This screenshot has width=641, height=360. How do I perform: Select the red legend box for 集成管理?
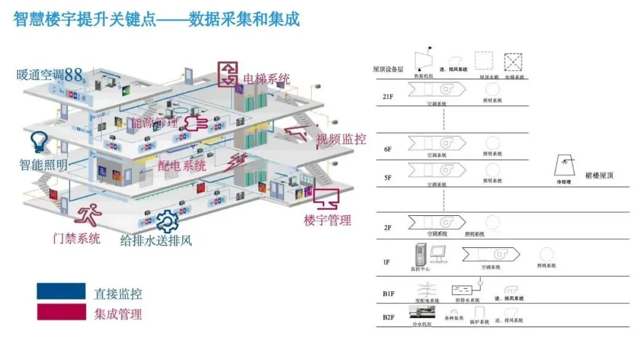pyautogui.click(x=61, y=312)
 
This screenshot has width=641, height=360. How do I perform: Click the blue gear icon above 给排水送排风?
pyautogui.click(x=167, y=221)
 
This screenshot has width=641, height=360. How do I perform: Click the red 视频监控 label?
pyautogui.click(x=341, y=139)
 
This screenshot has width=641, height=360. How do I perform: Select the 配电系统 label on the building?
pyautogui.click(x=182, y=165)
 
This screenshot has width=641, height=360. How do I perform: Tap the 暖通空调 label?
pyautogui.click(x=40, y=75)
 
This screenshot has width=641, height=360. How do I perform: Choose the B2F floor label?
pyautogui.click(x=389, y=317)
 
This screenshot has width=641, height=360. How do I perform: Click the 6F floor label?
pyautogui.click(x=388, y=149)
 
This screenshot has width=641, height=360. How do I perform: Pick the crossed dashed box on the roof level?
pyautogui.click(x=513, y=62)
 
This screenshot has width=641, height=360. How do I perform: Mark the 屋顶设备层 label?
pyautogui.click(x=388, y=69)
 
